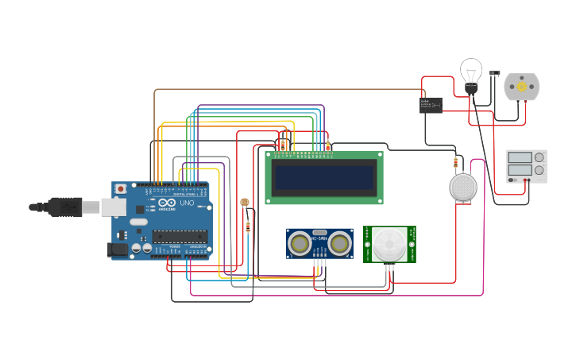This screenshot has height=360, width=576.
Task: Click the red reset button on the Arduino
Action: tap(121, 189)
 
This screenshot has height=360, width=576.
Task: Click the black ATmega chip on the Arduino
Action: tap(180, 236)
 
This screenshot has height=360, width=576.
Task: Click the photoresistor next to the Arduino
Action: tap(244, 203)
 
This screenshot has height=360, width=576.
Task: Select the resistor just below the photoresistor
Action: tap(249, 226)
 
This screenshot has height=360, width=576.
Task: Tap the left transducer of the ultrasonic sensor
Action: tap(300, 243)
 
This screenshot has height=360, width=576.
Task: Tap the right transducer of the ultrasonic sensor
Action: tap(341, 243)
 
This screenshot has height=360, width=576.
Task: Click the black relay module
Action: tap(431, 105)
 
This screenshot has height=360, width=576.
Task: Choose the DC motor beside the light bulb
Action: tap(521, 87)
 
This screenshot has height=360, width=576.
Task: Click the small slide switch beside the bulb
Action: tap(494, 73)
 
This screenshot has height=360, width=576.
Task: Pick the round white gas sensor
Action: tap(463, 188)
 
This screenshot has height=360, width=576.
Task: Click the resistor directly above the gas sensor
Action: tap(455, 164)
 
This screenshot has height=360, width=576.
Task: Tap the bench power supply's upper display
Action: tap(520, 157)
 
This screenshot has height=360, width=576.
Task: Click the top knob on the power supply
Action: tap(539, 157)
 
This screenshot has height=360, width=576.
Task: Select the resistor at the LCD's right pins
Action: tap(328, 145)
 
